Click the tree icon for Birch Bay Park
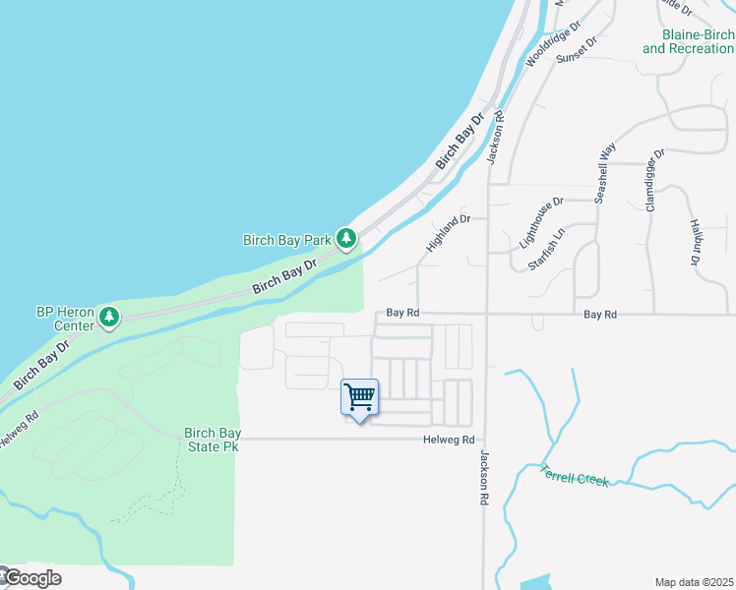click(x=346, y=238)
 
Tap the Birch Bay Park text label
click(x=287, y=239)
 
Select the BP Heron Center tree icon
click(x=111, y=318)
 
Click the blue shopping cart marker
click(x=360, y=398)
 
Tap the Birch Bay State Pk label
click(x=212, y=440)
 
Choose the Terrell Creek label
click(x=576, y=475)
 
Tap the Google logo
click(x=31, y=578)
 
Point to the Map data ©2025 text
click(x=695, y=582)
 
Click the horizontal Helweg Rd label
click(x=450, y=441)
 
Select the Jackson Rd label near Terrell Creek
click(x=484, y=478)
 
